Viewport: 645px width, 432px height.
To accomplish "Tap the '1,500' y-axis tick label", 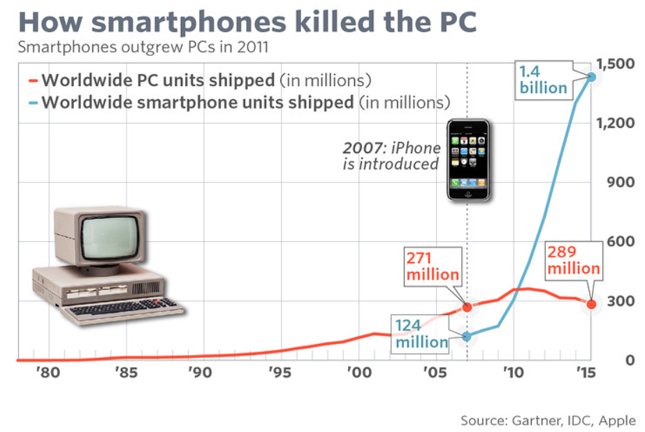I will point(616,64).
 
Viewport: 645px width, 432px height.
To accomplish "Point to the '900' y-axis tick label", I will point(621,183).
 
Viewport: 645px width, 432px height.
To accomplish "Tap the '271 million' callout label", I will point(433,266).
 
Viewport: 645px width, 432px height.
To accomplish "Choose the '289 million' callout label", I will point(573,260).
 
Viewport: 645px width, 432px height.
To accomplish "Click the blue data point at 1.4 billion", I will point(591,76).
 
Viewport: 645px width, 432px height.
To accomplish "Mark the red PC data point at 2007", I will point(467,307).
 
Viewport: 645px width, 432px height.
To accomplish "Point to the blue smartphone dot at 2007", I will point(467,336).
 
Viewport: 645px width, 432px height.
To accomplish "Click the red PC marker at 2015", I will point(592,304).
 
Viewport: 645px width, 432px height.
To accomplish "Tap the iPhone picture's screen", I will point(468,159).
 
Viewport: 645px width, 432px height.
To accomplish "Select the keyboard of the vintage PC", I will point(126,308).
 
